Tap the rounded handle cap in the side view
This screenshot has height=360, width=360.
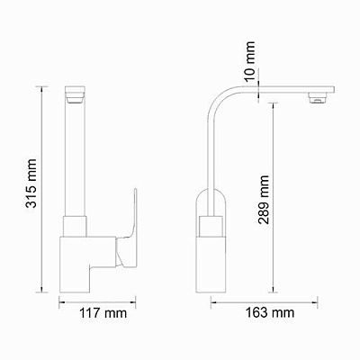(x=213, y=200)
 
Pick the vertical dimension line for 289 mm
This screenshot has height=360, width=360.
(x=274, y=198)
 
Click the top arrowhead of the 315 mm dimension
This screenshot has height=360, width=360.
(x=46, y=88)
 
